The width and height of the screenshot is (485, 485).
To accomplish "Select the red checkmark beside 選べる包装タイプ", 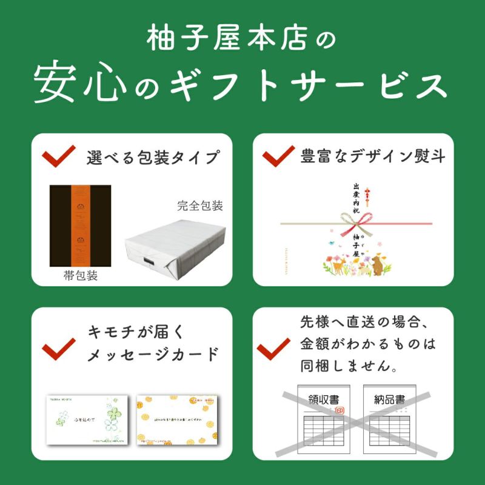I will coord(58,156).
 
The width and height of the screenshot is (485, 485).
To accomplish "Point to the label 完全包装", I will coord(200,206).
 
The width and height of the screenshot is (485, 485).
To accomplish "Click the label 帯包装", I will coord(80,276).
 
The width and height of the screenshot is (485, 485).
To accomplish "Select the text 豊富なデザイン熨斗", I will coord(373,156).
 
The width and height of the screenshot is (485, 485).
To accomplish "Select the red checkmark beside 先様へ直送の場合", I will coord(273,349).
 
